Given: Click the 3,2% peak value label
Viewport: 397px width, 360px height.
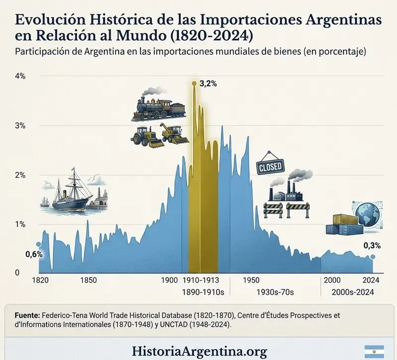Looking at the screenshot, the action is point(208,84).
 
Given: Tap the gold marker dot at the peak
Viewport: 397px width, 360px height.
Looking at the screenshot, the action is point(194,83).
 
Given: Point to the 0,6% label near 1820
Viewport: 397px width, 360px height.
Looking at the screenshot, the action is point(34,254).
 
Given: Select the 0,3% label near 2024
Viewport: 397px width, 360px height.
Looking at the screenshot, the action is point(372,245).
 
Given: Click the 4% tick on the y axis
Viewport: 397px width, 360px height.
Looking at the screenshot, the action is point(20,76).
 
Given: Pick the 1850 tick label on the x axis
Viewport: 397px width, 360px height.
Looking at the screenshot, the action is point(89,280).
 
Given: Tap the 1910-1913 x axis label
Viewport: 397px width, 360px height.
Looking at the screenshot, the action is point(201,280).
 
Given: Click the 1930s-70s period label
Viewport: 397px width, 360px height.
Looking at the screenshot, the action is point(275,292).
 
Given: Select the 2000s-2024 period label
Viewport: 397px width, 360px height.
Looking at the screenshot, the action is point(353,292).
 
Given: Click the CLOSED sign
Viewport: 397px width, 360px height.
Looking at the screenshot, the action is point(270,167).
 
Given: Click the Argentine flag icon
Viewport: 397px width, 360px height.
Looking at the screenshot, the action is point(374,352).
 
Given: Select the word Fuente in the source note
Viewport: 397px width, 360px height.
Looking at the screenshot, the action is point(27,316).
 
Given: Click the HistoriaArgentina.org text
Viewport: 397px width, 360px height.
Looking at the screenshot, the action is point(199,352).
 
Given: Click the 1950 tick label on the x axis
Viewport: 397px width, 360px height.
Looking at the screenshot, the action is point(251,280).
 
